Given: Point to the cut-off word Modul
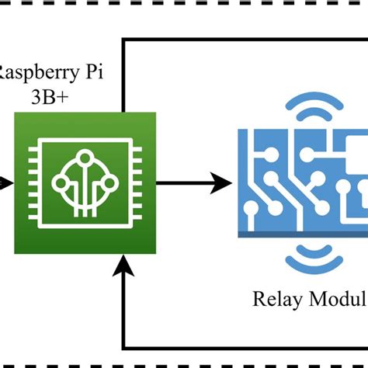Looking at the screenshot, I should (336, 299).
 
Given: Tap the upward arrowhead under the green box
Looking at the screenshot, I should (123, 268).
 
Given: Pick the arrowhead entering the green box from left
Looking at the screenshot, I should (6, 184).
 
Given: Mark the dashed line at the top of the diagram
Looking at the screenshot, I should (184, 9).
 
